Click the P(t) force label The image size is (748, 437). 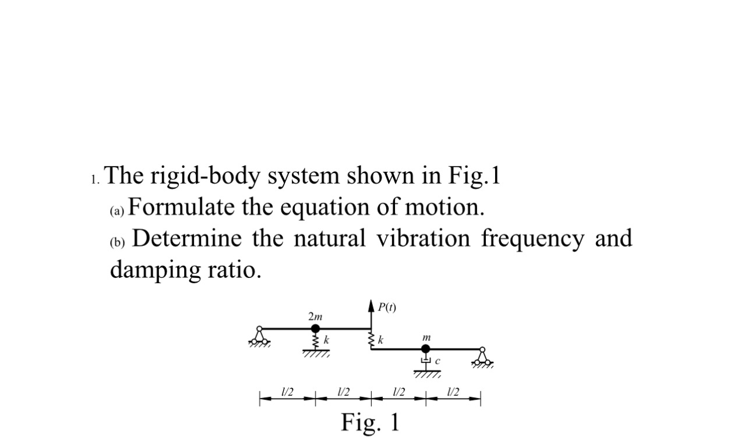click(x=386, y=308)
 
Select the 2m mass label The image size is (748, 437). click(x=315, y=317)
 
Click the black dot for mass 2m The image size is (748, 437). click(x=315, y=329)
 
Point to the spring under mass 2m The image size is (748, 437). click(x=315, y=340)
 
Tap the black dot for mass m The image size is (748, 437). click(x=426, y=349)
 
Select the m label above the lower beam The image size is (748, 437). click(x=426, y=337)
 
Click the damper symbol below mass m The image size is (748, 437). click(x=426, y=362)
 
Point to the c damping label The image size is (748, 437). click(x=437, y=362)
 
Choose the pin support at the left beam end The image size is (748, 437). click(x=259, y=337)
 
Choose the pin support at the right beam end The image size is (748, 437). click(x=482, y=358)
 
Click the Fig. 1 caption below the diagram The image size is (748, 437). click(x=371, y=421)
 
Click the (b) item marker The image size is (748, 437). click(x=118, y=241)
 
